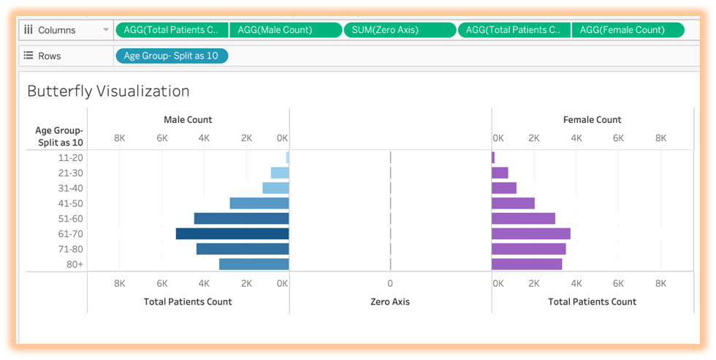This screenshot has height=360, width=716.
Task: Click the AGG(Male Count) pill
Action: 286,30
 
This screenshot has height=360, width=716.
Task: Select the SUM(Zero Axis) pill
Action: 400,30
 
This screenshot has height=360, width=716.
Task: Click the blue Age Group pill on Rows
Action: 172,56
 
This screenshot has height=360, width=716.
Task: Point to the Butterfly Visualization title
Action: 108,91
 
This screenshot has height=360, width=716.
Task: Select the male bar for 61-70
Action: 232,234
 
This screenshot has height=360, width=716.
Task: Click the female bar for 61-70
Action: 531,234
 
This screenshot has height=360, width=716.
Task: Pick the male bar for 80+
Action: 254,264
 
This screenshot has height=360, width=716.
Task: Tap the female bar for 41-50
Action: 513,203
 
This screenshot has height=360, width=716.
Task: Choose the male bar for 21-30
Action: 280,173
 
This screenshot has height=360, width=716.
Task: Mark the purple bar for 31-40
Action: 504,188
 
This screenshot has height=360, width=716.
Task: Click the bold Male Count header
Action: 188,119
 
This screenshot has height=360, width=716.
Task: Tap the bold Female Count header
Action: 593,119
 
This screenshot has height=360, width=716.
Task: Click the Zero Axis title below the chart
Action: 390,301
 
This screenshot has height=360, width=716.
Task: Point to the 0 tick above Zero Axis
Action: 390,283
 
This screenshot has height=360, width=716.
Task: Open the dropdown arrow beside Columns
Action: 107,30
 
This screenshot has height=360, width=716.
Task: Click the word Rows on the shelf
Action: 50,56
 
